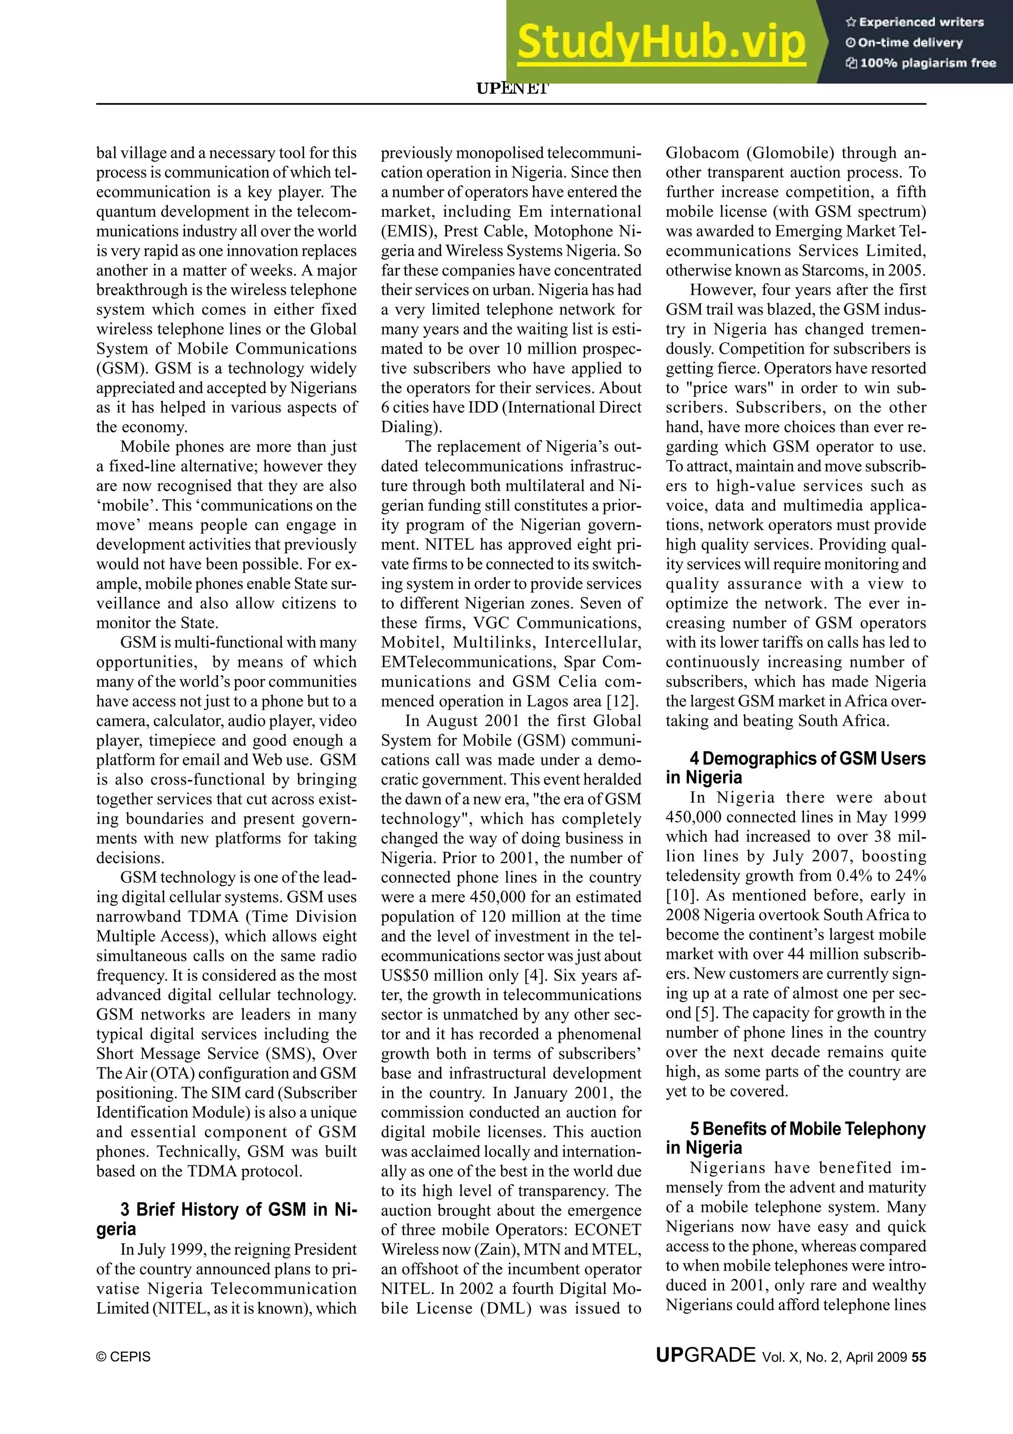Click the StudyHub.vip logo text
point(662,43)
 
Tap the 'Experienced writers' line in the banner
point(915,22)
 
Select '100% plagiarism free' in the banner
point(921,63)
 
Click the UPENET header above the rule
point(512,89)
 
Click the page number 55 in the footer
point(918,1357)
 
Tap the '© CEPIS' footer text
point(124,1357)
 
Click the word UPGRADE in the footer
point(705,1355)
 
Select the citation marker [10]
point(680,895)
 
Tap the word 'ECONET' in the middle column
point(607,1230)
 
